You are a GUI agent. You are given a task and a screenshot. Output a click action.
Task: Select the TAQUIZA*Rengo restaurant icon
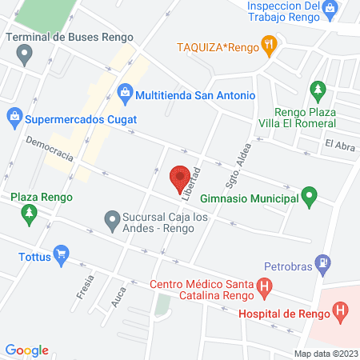(270, 46)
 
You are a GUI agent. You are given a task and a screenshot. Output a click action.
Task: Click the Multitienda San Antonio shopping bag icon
(125, 94)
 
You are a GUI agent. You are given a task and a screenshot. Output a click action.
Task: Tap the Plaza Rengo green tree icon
(30, 214)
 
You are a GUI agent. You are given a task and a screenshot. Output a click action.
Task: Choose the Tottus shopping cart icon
(61, 257)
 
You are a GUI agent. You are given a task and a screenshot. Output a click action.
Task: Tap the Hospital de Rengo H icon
(341, 310)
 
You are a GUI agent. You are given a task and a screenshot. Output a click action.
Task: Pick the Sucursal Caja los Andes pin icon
(112, 218)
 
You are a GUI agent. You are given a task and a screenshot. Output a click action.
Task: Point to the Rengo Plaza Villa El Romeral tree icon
(318, 90)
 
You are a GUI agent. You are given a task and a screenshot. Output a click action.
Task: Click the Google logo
(27, 350)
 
